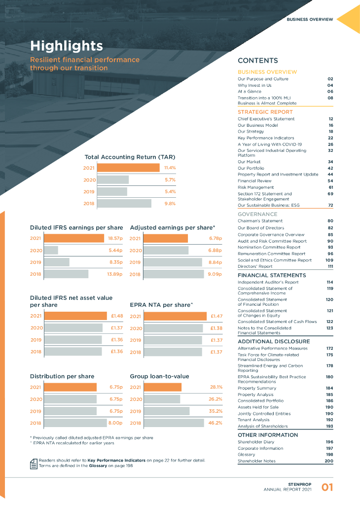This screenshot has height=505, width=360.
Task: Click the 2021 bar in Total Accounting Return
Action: [x=128, y=168]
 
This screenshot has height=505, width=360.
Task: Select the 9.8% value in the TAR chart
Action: [x=170, y=203]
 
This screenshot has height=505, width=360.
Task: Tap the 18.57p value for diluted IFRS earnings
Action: [x=115, y=238]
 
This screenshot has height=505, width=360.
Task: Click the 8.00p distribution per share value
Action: [x=115, y=423]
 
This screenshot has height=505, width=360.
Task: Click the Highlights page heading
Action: [x=67, y=46]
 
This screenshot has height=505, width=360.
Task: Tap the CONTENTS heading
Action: [x=258, y=61]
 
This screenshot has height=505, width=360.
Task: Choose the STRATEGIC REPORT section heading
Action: [x=265, y=112]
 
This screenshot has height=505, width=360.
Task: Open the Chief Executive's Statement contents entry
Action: [x=266, y=119]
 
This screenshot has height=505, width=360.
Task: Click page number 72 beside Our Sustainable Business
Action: [x=330, y=205]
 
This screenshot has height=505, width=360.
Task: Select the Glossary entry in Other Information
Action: [x=247, y=455]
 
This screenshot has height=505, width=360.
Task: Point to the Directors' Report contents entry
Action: [x=255, y=266]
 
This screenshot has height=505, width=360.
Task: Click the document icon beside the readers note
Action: [x=34, y=463]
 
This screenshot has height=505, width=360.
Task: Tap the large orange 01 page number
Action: [x=327, y=488]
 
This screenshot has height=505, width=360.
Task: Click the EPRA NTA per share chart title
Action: [x=161, y=305]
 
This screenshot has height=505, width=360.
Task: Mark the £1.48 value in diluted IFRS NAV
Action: [x=117, y=316]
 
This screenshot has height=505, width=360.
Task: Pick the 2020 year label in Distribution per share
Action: [x=36, y=399]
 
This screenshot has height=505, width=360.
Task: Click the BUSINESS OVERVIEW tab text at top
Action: [x=310, y=20]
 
